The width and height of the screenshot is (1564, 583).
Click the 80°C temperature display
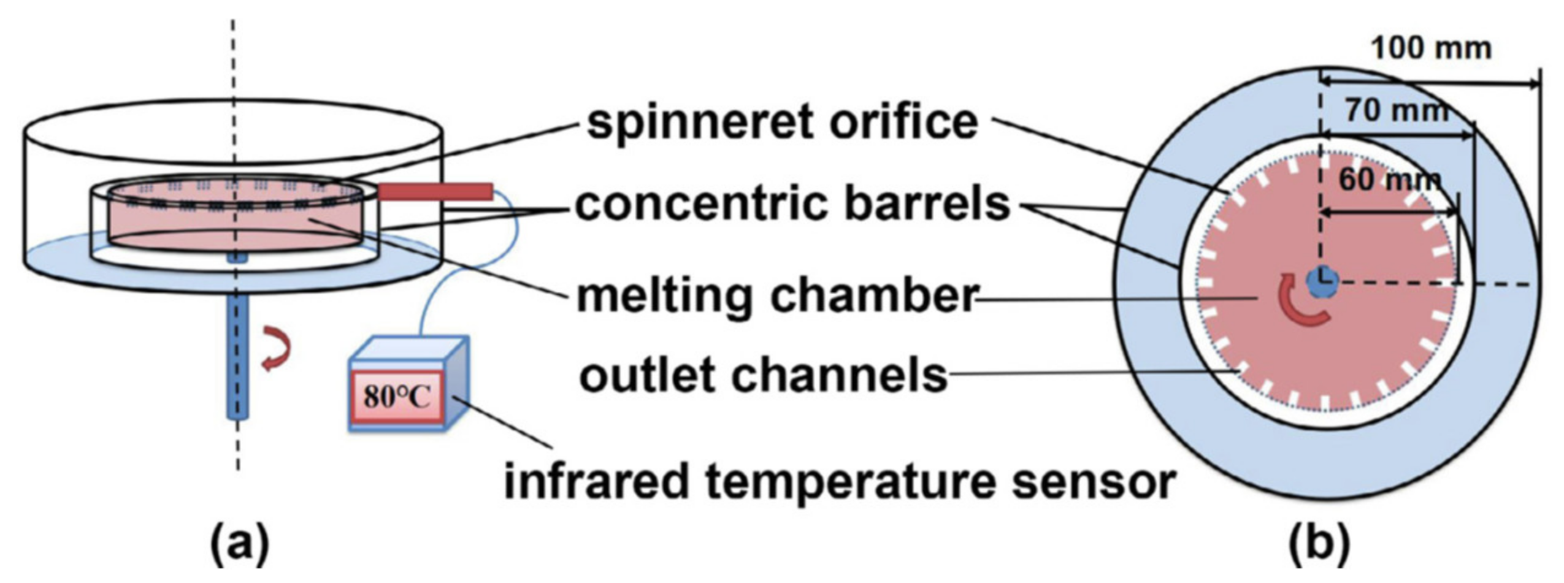(397, 397)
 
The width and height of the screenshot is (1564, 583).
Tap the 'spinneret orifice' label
(782, 123)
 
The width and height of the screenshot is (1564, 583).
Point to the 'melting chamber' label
(776, 297)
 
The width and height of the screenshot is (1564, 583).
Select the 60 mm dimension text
(1389, 180)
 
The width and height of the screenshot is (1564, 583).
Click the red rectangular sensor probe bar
(435, 191)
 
